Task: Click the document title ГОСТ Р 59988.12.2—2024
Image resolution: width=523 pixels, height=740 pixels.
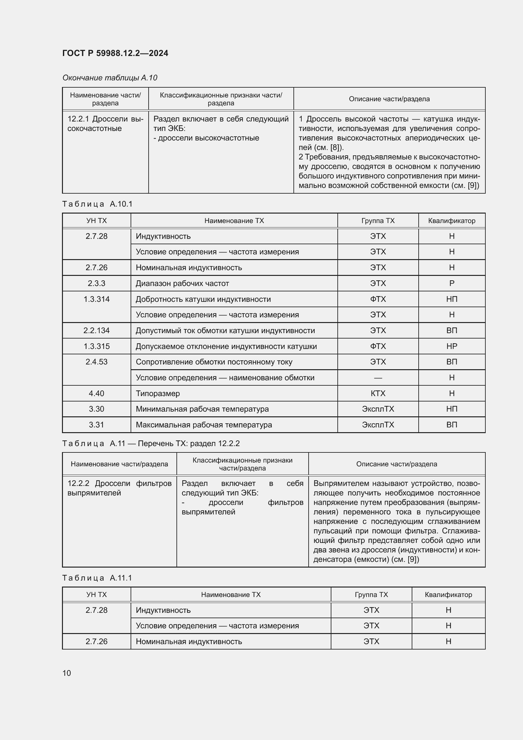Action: click(115, 53)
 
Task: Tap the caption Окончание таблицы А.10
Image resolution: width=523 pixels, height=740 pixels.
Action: click(109, 78)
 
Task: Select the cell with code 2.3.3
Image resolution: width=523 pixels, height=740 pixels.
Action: click(96, 283)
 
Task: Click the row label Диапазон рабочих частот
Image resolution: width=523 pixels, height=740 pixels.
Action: click(182, 283)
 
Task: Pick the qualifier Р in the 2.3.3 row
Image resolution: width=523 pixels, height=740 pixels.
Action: click(452, 283)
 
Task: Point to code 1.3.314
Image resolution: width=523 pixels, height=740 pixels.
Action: click(96, 299)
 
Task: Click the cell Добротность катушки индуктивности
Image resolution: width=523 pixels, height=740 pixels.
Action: click(203, 299)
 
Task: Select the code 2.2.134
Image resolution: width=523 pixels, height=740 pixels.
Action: click(96, 330)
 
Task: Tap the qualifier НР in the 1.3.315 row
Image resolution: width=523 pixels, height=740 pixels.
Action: click(452, 346)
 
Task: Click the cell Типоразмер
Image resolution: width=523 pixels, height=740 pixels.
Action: click(158, 393)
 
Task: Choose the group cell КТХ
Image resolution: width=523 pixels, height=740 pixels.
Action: click(378, 393)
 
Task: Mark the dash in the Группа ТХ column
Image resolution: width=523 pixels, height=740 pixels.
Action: click(378, 378)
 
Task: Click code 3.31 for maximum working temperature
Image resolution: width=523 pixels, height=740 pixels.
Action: click(96, 425)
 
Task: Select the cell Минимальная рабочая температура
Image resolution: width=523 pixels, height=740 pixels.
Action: click(202, 409)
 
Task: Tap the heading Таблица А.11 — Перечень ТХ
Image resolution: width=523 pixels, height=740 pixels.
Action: click(151, 444)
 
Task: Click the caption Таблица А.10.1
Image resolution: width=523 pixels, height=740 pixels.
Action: click(97, 204)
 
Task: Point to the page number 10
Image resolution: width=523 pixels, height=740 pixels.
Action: click(67, 673)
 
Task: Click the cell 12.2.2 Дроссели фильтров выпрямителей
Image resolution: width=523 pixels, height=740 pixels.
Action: click(119, 488)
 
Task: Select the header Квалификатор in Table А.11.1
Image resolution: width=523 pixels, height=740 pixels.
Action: click(448, 595)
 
